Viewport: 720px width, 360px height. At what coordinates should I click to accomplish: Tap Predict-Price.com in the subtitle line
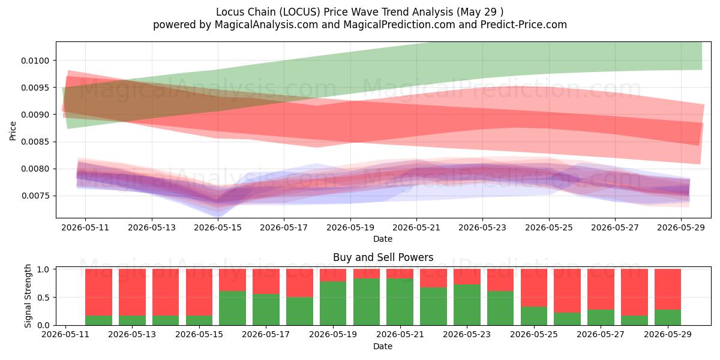(x=524, y=25)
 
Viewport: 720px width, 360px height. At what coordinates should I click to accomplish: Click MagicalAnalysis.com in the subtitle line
(x=266, y=25)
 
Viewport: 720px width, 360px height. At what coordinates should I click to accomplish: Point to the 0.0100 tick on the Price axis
(x=35, y=61)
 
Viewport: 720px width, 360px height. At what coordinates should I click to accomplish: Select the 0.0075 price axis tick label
(x=35, y=196)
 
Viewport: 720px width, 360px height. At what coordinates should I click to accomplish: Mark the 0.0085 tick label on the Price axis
(x=35, y=142)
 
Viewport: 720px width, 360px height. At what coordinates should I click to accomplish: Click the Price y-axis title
(x=13, y=131)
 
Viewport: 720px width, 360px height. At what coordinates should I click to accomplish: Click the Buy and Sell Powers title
(x=383, y=257)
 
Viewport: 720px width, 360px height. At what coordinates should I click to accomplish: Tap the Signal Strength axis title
(x=28, y=296)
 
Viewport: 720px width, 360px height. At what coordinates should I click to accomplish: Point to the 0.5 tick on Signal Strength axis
(x=43, y=298)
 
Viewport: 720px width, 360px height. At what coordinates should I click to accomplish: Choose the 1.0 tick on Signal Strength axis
(x=43, y=269)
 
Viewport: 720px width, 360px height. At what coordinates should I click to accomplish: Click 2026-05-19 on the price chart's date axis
(x=350, y=227)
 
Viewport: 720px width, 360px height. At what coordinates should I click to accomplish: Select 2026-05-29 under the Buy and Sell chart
(x=668, y=334)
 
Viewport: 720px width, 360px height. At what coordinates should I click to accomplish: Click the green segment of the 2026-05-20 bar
(x=367, y=302)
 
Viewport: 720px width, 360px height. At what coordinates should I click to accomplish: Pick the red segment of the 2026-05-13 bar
(x=132, y=292)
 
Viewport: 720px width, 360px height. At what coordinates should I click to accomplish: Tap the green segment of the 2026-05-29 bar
(x=668, y=317)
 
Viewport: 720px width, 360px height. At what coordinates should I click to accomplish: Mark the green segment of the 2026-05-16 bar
(x=232, y=308)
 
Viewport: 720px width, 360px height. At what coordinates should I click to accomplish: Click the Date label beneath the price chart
(x=383, y=239)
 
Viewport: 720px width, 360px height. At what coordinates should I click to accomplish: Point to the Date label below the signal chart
(x=383, y=346)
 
